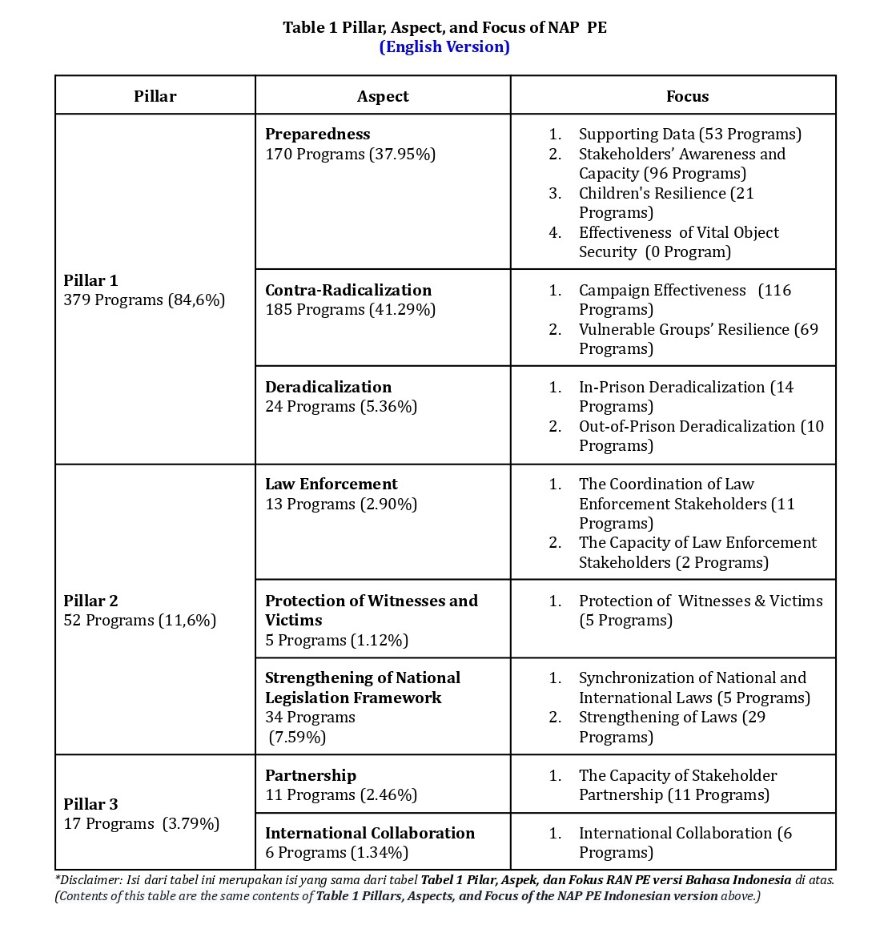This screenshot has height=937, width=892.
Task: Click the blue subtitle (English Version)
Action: coord(444,46)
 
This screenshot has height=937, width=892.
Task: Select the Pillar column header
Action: coord(155,96)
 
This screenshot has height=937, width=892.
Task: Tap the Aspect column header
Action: coord(383,96)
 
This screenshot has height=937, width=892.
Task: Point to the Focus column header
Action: coord(687,96)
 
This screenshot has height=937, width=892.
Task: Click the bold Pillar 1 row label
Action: coord(90,280)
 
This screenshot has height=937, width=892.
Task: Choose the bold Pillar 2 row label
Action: coord(90,601)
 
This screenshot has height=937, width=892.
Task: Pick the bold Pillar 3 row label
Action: coord(90,804)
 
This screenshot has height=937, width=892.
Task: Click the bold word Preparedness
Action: coord(318,134)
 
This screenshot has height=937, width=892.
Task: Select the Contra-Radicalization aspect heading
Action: coord(348,290)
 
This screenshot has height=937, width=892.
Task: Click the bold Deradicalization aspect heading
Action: coord(328,387)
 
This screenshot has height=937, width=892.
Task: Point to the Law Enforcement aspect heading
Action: coord(331,484)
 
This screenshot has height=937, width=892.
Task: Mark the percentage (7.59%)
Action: coord(298,737)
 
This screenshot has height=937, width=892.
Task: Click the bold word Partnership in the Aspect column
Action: coord(311,775)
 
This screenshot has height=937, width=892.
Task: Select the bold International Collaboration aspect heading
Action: coord(370,833)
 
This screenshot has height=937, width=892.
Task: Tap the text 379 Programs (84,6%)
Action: coord(144,300)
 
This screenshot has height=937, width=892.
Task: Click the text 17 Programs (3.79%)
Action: coord(141,824)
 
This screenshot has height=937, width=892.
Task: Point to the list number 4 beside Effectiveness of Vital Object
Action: coord(555,232)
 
